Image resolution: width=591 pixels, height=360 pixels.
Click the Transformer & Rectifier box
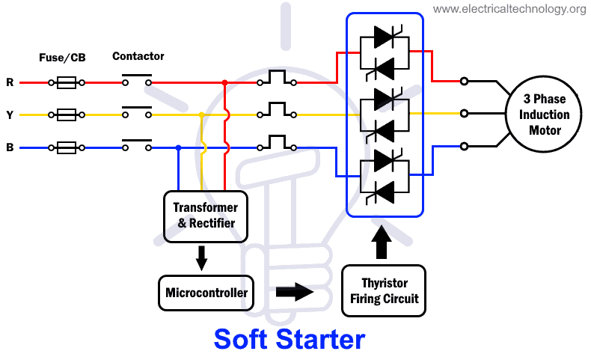click(x=205, y=215)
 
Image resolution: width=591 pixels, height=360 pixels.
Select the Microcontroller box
click(x=206, y=292)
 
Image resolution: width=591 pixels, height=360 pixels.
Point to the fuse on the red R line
click(x=67, y=82)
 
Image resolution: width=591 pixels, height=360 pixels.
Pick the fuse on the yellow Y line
click(x=67, y=115)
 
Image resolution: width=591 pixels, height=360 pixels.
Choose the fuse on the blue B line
click(x=67, y=147)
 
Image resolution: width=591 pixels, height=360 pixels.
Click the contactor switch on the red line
click(x=136, y=80)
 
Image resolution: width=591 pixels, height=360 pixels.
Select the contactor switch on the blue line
click(x=136, y=145)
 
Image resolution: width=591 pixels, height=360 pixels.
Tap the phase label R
click(x=10, y=82)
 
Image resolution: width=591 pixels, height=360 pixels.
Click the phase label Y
click(x=10, y=115)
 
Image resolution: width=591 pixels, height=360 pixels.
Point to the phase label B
click(x=10, y=147)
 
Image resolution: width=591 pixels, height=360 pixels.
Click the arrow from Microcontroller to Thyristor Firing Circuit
click(x=294, y=292)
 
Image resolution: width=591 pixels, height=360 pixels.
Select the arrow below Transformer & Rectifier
click(x=200, y=257)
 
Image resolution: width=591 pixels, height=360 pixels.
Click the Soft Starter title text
click(x=289, y=339)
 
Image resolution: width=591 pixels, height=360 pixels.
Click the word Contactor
click(x=138, y=56)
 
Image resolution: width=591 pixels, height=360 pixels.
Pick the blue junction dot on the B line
click(x=178, y=147)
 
